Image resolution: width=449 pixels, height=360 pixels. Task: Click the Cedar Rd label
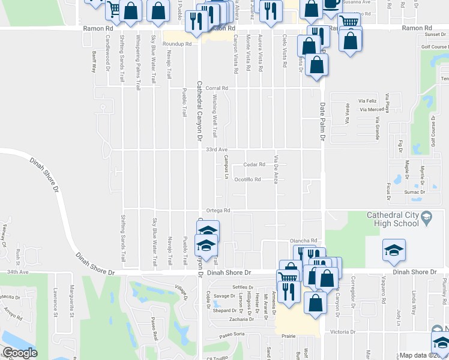click(x=255, y=164)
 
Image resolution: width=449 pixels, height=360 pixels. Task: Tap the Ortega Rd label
click(x=218, y=210)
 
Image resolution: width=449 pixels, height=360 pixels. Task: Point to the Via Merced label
click(x=372, y=110)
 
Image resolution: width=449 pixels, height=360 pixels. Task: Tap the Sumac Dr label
click(x=415, y=192)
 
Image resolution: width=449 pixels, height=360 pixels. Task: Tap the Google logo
click(x=20, y=353)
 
